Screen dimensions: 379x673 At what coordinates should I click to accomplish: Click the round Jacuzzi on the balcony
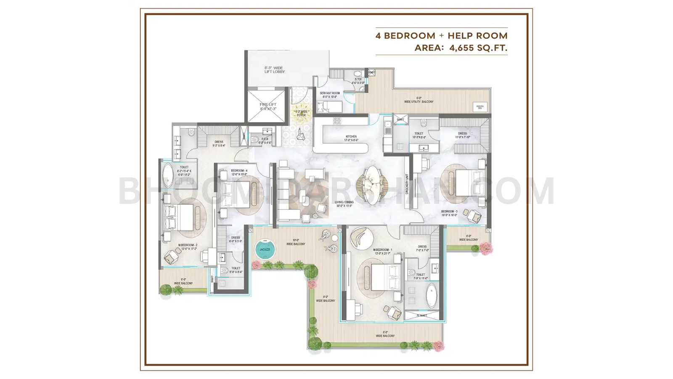point(265,249)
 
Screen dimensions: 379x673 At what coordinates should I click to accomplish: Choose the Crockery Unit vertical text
point(407,184)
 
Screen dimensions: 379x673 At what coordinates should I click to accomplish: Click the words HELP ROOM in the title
point(477,36)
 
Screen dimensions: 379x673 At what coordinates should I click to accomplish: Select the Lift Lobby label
point(274,70)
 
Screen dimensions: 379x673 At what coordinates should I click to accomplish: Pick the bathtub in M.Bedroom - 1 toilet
point(432,296)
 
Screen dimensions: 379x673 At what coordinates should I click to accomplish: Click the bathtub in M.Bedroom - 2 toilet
point(168,175)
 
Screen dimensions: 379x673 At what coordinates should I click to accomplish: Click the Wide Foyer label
point(301,113)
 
